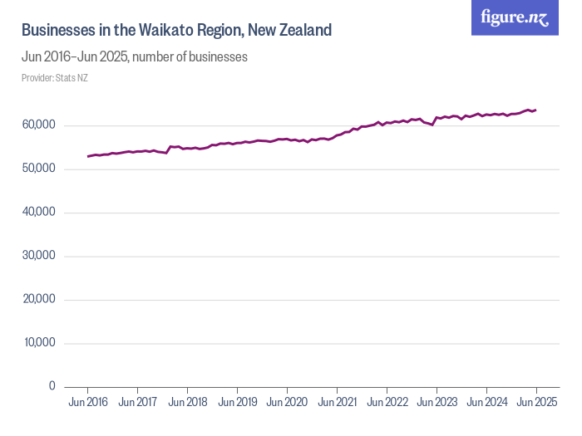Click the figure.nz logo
[515, 18]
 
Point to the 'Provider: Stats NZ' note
[55, 78]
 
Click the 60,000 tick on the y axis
[39, 125]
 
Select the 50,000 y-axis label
[39, 169]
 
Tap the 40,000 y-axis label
[39, 213]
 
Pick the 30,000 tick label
[39, 256]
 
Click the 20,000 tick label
[39, 300]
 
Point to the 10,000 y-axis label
[39, 343]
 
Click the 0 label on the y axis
[52, 386]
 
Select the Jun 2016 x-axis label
[87, 402]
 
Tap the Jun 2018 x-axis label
[187, 402]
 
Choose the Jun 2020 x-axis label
[287, 402]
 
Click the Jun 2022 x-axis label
[387, 402]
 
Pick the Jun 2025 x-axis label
[536, 402]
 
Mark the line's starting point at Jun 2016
[87, 156]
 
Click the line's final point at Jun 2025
[536, 110]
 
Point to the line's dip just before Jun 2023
[432, 125]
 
